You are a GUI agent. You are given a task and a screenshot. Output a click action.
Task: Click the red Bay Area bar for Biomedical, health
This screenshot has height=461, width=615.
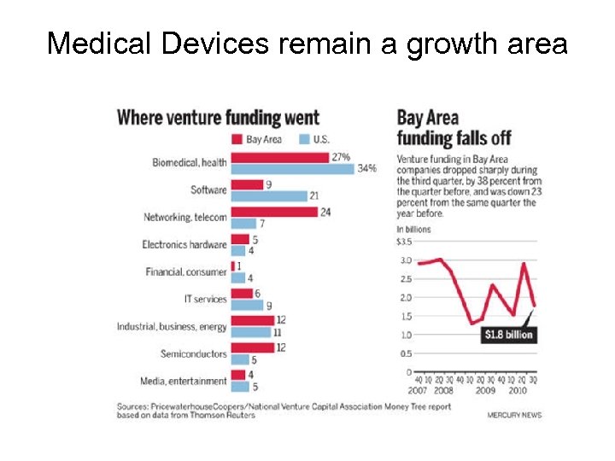click(280, 157)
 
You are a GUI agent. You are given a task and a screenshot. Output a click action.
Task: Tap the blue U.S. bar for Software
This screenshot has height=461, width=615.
click(268, 195)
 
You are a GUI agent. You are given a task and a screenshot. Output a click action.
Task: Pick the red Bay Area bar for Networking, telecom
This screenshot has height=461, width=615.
click(273, 212)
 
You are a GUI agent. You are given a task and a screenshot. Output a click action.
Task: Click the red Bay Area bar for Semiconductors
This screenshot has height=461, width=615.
click(252, 347)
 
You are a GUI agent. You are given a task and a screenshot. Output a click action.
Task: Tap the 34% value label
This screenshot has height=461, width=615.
click(366, 168)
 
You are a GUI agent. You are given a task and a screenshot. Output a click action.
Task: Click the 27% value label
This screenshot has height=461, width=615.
click(341, 157)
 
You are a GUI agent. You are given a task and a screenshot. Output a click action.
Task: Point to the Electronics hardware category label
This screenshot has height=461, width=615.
click(184, 245)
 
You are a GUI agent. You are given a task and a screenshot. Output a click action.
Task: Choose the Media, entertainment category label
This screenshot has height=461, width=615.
click(184, 381)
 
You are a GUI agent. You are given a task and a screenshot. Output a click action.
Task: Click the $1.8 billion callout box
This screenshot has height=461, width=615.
click(509, 335)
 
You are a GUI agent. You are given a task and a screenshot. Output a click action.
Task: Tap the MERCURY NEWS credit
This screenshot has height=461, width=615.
click(514, 415)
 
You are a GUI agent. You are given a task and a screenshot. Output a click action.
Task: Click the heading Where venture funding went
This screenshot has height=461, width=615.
click(218, 118)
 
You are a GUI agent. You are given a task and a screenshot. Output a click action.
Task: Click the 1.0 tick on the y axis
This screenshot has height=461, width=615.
click(404, 335)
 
